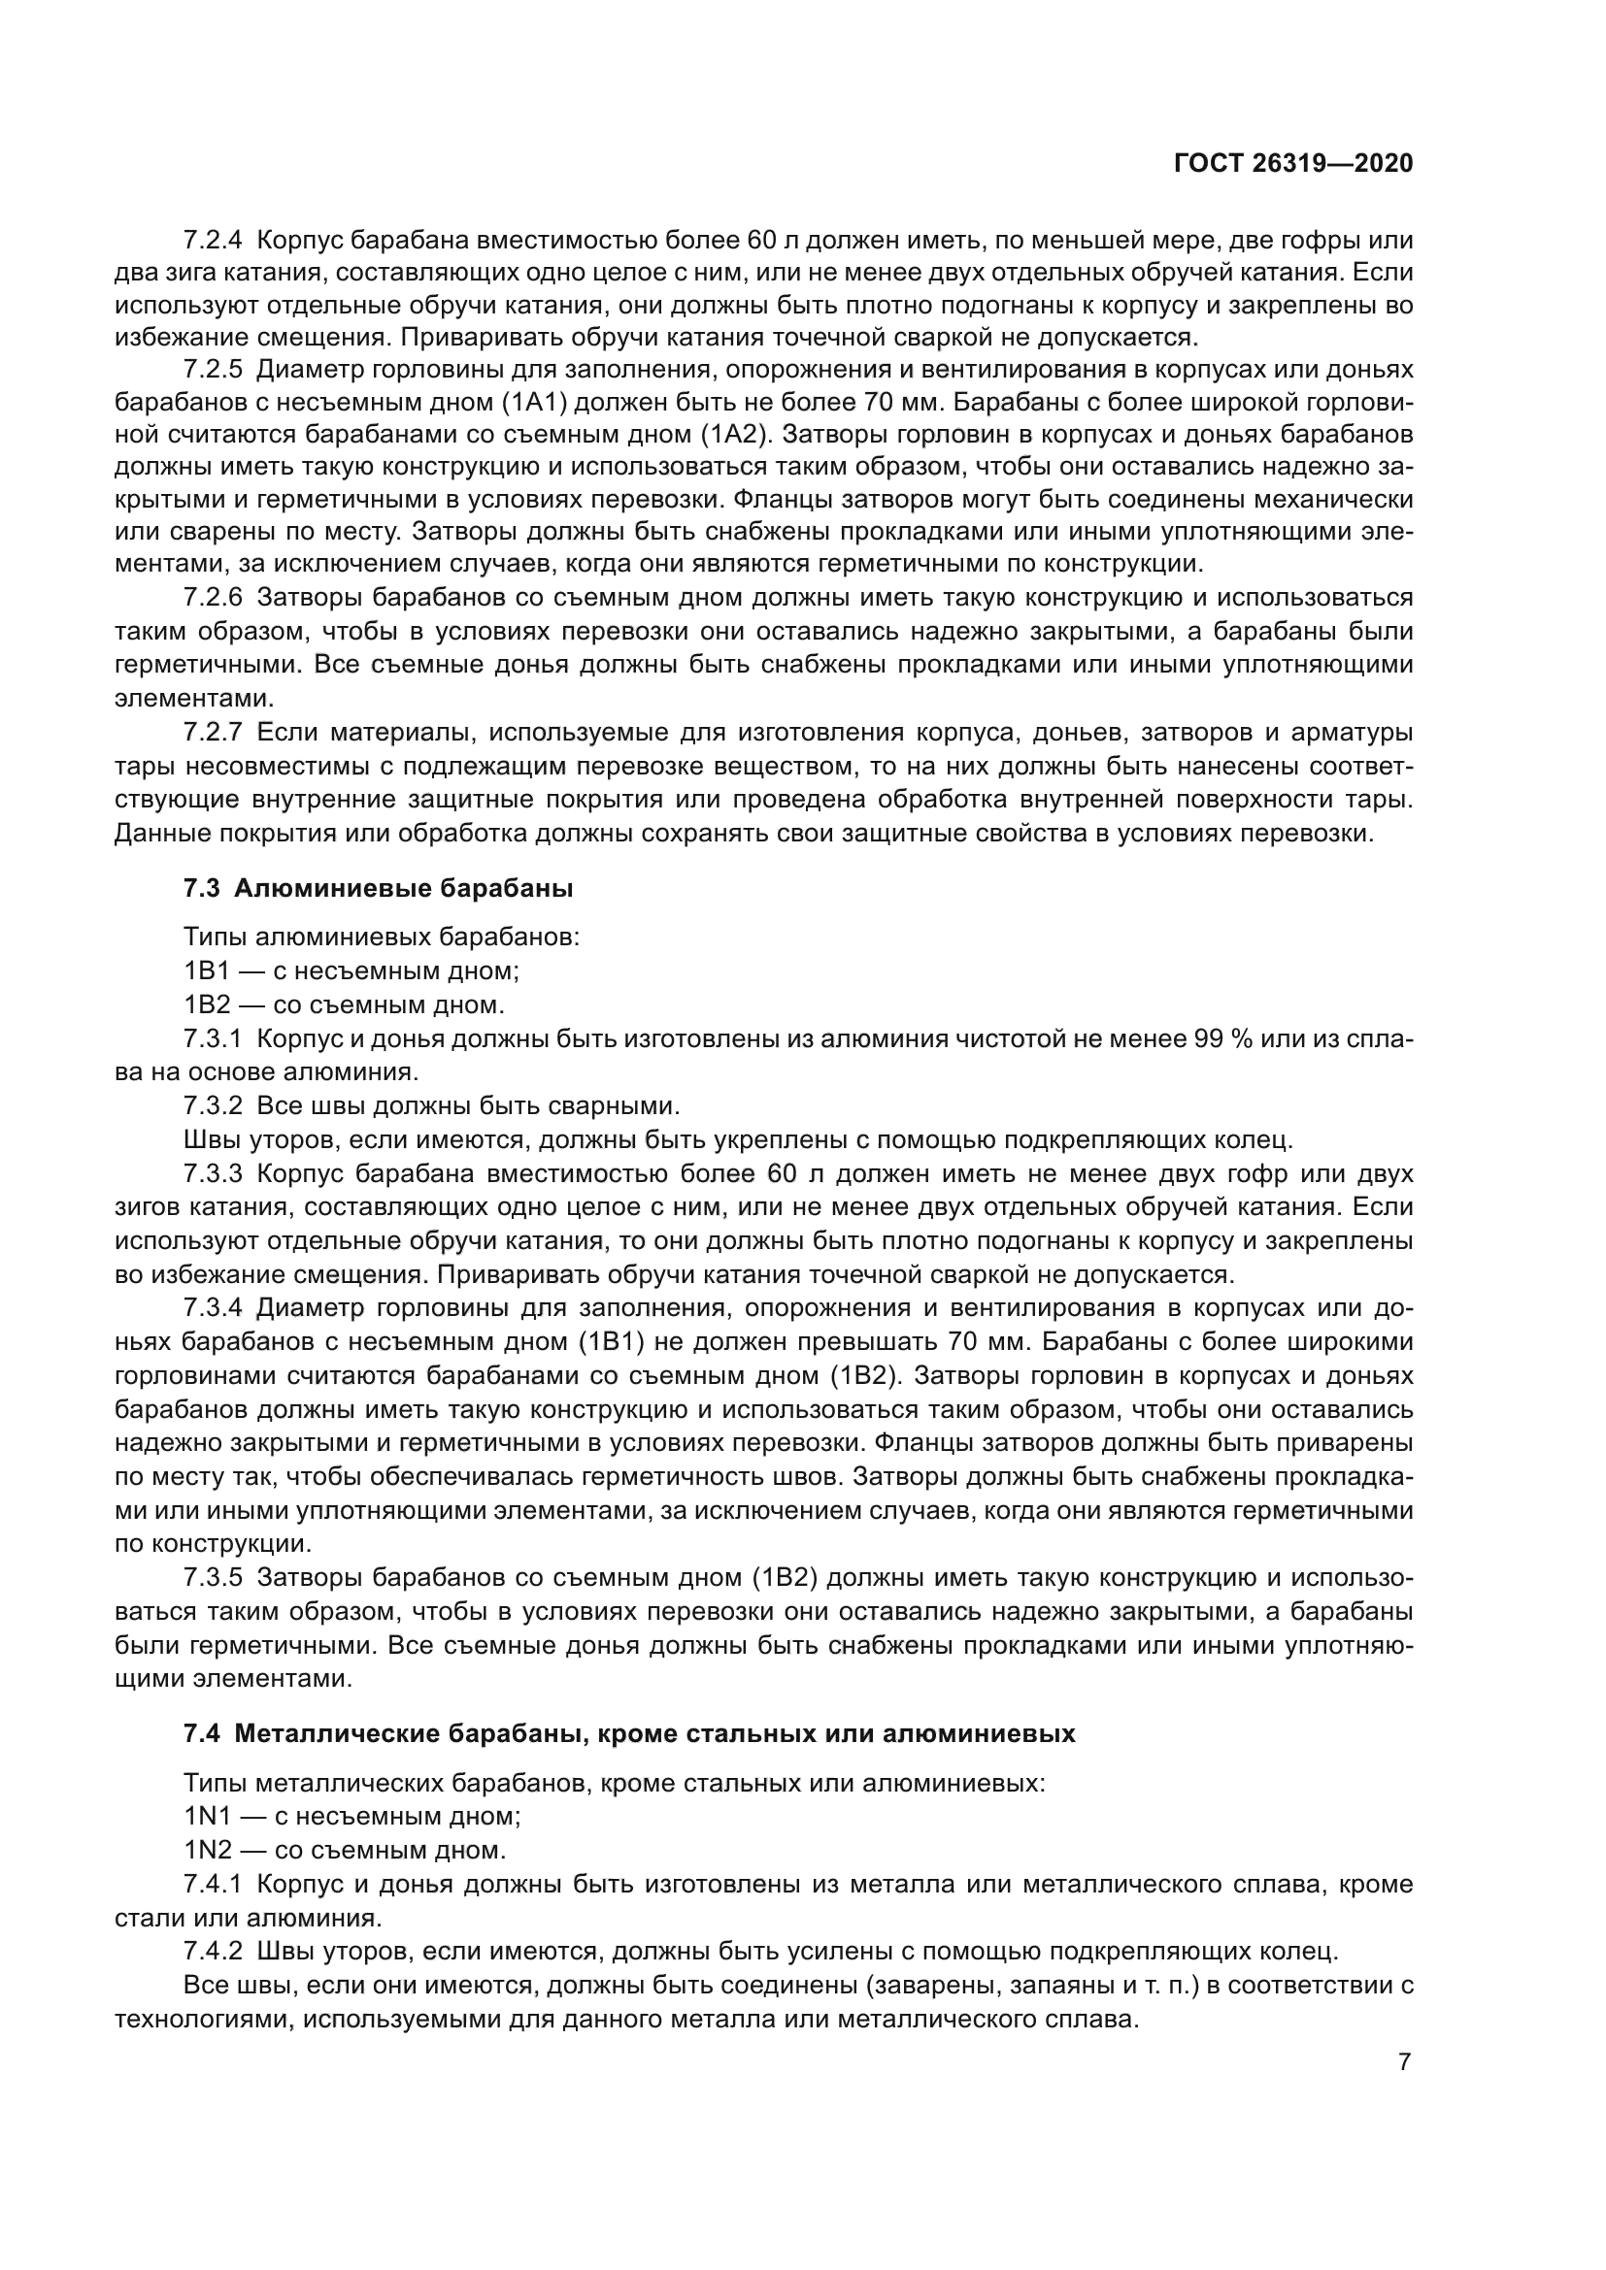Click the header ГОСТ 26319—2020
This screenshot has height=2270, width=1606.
1292,164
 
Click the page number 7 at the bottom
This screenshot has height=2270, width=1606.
1404,2061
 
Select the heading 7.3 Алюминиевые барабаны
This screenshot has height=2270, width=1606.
378,888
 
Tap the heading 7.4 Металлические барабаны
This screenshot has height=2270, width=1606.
629,1733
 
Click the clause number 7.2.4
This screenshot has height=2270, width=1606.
213,241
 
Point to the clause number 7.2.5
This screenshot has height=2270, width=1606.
213,371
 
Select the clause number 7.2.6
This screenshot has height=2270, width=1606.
213,598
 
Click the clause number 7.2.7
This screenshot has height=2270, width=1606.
213,733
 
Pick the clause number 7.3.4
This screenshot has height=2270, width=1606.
213,1308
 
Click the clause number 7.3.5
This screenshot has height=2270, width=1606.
213,1577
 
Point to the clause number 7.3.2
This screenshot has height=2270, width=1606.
213,1105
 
